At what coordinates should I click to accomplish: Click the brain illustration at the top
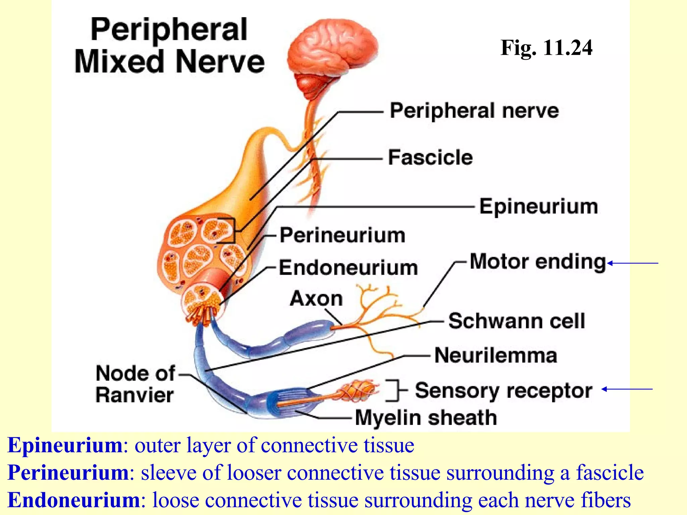click(332, 54)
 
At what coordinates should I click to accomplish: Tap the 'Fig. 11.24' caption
click(546, 48)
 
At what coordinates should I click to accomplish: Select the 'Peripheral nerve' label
click(474, 111)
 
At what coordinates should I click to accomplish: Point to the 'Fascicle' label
click(430, 158)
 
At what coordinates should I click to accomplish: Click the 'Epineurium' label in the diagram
click(538, 207)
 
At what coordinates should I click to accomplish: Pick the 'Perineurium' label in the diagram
click(342, 235)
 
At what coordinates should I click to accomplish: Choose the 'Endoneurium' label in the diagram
click(348, 268)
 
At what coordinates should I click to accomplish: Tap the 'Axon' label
click(316, 298)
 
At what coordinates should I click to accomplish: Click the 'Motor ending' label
click(538, 262)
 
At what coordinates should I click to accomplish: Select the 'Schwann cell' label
click(517, 321)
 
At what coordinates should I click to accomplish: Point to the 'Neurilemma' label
click(496, 355)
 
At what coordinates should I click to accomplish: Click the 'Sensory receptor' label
click(504, 391)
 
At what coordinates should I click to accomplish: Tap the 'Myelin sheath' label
click(426, 418)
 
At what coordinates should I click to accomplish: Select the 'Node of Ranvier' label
click(135, 384)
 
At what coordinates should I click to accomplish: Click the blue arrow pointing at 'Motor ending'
click(633, 263)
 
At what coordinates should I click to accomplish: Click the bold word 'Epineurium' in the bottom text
click(65, 446)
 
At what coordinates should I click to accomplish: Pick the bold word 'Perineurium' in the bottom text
click(68, 473)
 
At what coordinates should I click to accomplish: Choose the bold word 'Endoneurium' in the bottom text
click(73, 500)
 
